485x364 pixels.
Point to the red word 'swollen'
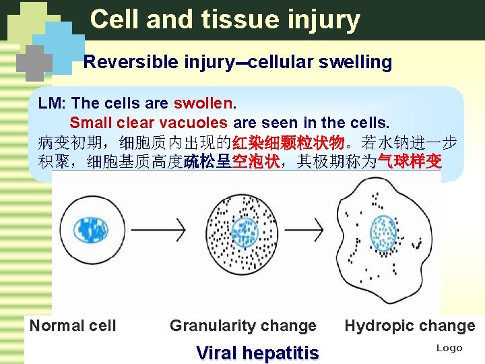(203, 104)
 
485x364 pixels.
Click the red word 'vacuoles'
(198, 123)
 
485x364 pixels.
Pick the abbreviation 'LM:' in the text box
(53, 104)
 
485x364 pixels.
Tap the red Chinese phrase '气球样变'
(410, 162)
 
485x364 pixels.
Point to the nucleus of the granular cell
(244, 231)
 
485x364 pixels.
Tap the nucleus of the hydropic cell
(384, 231)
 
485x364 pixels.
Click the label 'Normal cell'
(73, 326)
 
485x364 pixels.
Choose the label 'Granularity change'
(243, 326)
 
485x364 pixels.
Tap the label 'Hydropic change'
(410, 326)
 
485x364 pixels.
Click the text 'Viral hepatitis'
(257, 353)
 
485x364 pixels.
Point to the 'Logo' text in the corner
(449, 348)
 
